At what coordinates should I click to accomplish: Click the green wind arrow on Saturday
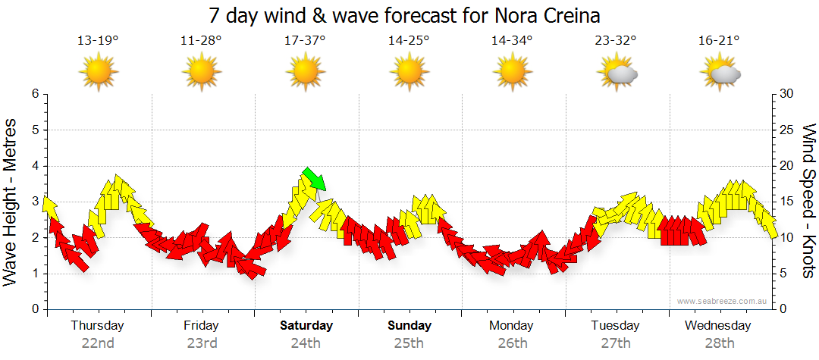click(x=314, y=179)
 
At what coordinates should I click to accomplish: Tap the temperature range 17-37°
click(x=305, y=41)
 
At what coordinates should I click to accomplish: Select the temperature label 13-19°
click(x=98, y=41)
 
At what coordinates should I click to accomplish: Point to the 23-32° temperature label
click(x=615, y=41)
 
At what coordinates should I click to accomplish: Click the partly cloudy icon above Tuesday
click(x=618, y=74)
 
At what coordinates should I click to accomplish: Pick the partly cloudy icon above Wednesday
click(x=721, y=74)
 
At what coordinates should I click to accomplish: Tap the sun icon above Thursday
click(x=99, y=74)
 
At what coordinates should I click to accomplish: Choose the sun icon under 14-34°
click(x=512, y=74)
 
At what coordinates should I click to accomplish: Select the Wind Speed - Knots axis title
click(x=807, y=201)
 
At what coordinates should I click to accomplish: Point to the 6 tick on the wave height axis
click(x=35, y=94)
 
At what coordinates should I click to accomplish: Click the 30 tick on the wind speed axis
click(x=786, y=94)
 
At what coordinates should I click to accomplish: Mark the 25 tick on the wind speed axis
click(x=786, y=130)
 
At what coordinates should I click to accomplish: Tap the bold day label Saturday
click(x=306, y=326)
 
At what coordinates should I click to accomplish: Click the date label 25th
click(x=409, y=343)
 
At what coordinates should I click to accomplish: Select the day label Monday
click(x=512, y=326)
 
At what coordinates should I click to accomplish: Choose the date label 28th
click(x=719, y=343)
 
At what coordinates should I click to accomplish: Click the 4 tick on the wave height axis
click(x=35, y=166)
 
